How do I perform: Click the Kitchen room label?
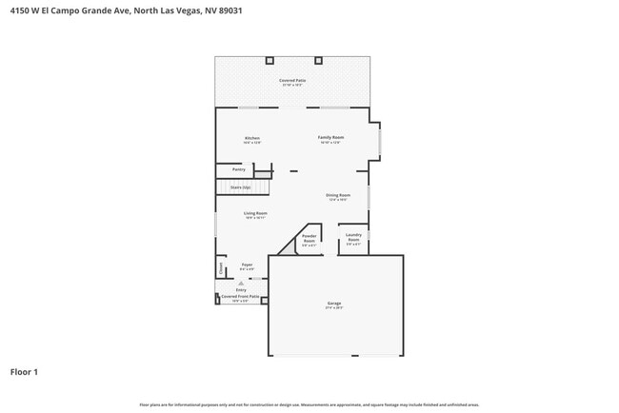click(251, 139)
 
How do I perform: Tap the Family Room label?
click(330, 138)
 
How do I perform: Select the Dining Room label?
click(338, 196)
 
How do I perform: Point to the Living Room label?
click(254, 214)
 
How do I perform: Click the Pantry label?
click(238, 169)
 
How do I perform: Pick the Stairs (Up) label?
click(239, 187)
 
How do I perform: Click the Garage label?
click(334, 304)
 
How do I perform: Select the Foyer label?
click(246, 265)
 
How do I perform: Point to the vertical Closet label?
click(221, 268)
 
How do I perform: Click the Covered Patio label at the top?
click(292, 81)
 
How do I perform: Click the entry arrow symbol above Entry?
click(241, 283)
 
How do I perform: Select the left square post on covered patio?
click(269, 60)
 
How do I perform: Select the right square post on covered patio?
click(319, 60)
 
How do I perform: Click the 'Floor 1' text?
click(24, 371)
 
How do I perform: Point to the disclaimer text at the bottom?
click(309, 404)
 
